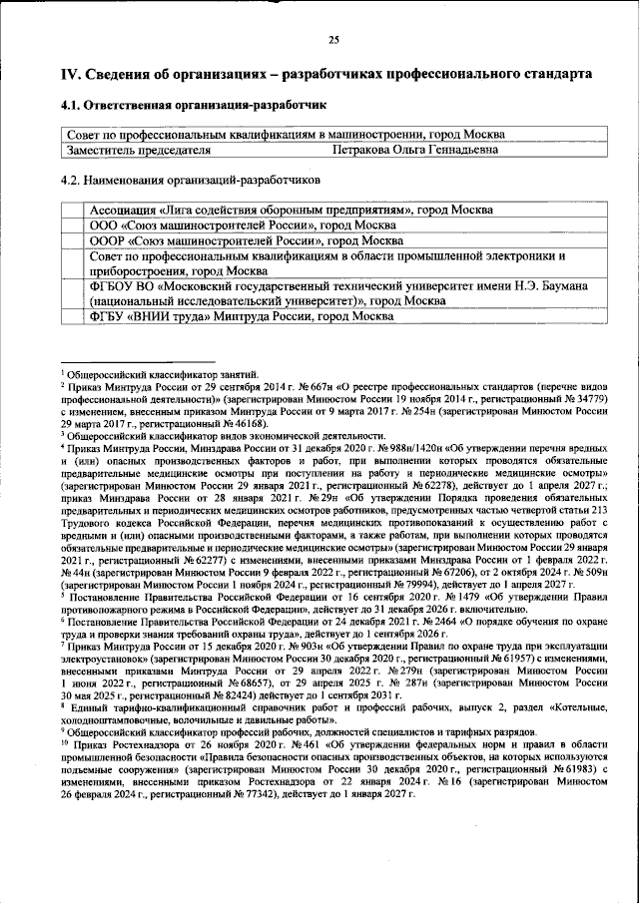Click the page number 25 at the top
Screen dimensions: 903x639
(x=333, y=40)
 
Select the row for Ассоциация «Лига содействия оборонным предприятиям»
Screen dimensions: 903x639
(x=291, y=211)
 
